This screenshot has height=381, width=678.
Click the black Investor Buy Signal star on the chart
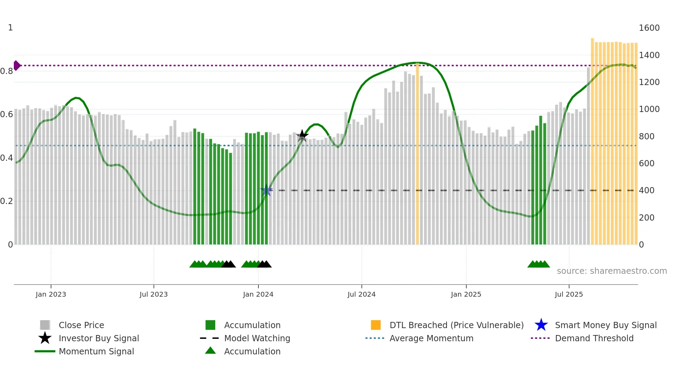pos(302,136)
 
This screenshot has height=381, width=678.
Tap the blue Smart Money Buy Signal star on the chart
pos(266,191)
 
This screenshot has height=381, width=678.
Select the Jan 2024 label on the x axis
pos(258,294)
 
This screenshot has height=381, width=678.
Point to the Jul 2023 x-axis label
pos(154,294)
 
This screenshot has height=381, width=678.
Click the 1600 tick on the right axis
pos(649,28)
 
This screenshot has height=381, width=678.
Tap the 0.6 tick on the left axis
pos(7,114)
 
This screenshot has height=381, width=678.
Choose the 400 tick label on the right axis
pos(647,191)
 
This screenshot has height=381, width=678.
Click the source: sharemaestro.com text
pos(612,271)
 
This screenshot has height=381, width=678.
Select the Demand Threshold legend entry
pos(594,338)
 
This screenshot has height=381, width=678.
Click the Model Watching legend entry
pos(257,338)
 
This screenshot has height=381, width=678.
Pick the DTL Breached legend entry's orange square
pos(376,325)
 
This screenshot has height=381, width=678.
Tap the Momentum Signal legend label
pos(96,351)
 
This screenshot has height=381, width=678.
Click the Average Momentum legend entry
pos(431,338)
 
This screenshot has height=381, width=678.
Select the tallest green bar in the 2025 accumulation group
pos(541,180)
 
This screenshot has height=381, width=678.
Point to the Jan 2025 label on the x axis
pos(466,294)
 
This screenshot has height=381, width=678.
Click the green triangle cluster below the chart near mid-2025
pos(539,264)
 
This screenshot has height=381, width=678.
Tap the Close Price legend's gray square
pos(45,325)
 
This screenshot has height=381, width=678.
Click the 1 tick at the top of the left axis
pos(10,28)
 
